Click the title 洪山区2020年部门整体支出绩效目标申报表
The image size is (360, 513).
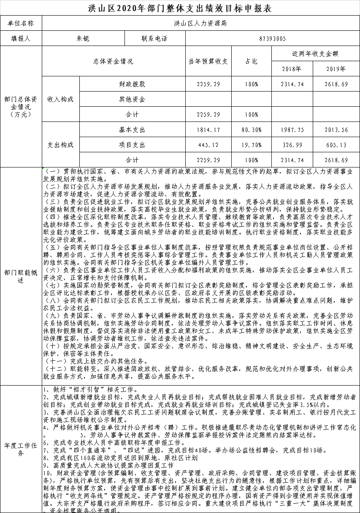pyautogui.click(x=180, y=8)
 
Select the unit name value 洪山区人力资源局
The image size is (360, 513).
pyautogui.click(x=200, y=23)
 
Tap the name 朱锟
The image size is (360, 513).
pyautogui.click(x=83, y=38)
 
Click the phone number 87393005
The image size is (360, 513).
pyautogui.click(x=272, y=38)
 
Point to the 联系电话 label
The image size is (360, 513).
pyautogui.click(x=154, y=38)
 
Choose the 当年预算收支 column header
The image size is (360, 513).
pyautogui.click(x=208, y=61)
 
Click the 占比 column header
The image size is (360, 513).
pyautogui.click(x=251, y=61)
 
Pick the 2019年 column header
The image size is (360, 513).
pyautogui.click(x=336, y=69)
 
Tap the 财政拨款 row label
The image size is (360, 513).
pyautogui.click(x=132, y=84)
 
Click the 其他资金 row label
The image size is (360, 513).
pyautogui.click(x=132, y=99)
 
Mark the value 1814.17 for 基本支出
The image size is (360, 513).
pyautogui.click(x=208, y=130)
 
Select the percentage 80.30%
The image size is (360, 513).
pyautogui.click(x=251, y=130)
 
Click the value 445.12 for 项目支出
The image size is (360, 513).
pyautogui.click(x=208, y=145)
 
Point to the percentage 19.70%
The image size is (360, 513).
pyautogui.click(x=251, y=145)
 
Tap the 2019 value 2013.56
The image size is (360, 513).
pyautogui.click(x=336, y=130)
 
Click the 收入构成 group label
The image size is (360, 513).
pyautogui.click(x=60, y=99)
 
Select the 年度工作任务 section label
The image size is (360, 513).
pyautogui.click(x=21, y=449)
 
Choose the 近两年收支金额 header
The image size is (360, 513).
pyautogui.click(x=315, y=54)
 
